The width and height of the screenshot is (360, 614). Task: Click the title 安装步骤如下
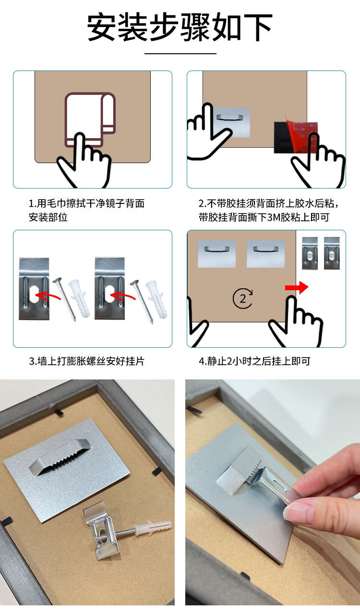180,27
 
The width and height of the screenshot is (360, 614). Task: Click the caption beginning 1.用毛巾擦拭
87,210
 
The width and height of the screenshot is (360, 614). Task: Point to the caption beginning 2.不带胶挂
269,210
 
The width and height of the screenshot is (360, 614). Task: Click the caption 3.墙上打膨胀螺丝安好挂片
87,361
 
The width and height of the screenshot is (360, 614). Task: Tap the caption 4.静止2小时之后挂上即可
254,361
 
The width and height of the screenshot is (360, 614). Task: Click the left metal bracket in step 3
34,289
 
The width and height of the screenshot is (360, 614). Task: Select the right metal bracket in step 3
110,288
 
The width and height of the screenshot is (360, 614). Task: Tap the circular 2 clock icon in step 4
243,298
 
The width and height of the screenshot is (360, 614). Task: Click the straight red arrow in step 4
297,287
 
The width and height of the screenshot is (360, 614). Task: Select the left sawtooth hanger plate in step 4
217,254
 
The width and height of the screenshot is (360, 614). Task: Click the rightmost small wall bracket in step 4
332,253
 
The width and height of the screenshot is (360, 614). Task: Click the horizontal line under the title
180,53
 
